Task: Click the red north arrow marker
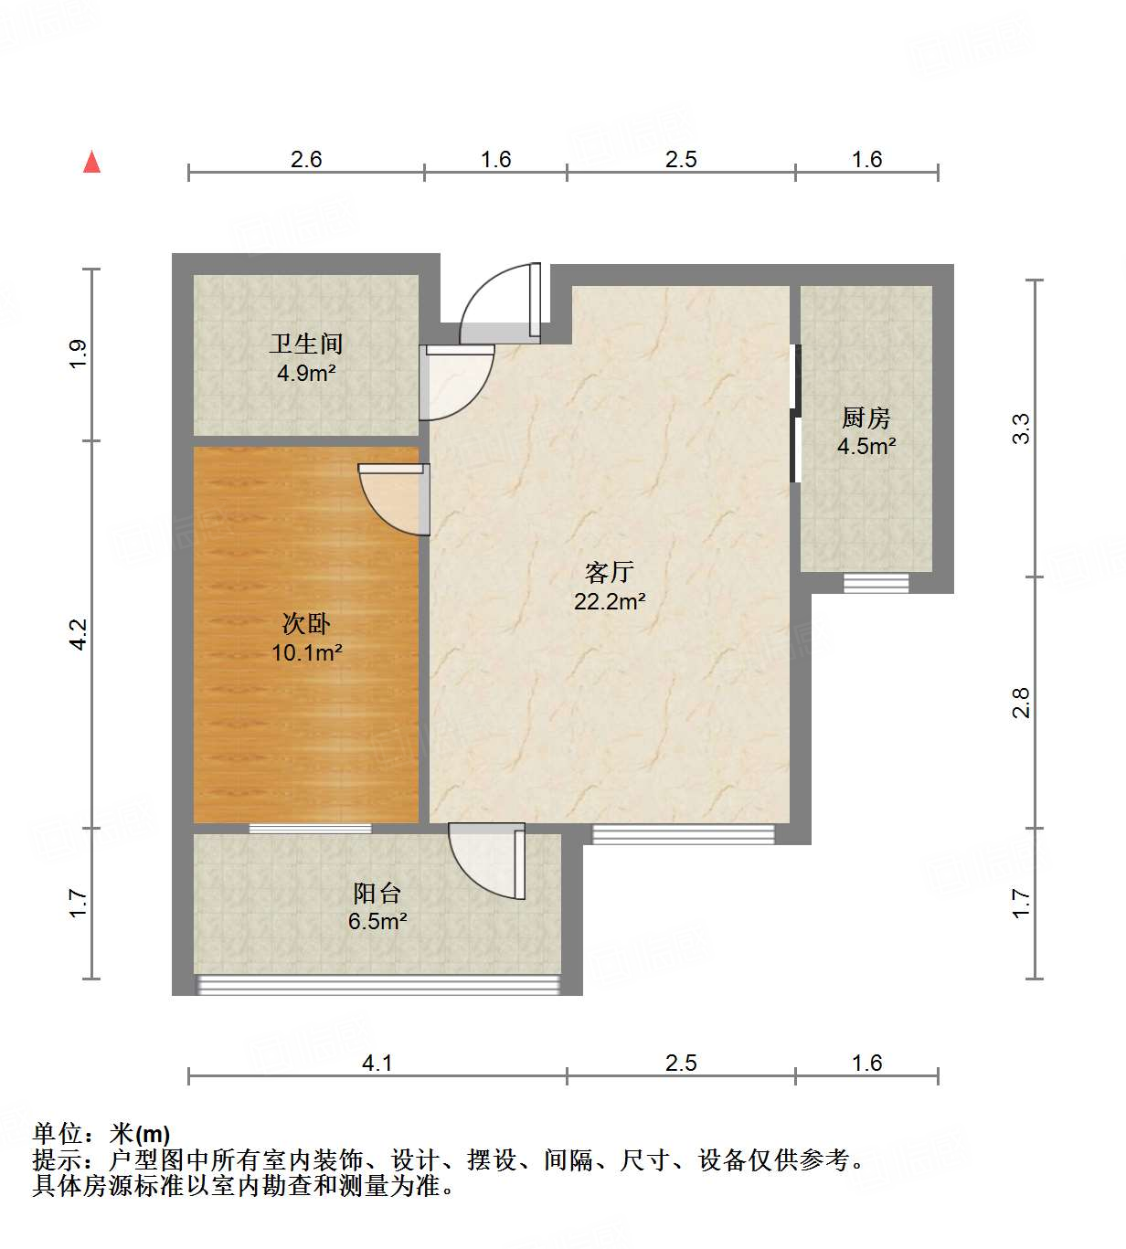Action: [91, 162]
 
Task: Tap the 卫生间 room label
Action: [306, 344]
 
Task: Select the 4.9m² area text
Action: [306, 373]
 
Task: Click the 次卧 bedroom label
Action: [306, 624]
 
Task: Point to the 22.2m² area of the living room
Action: [610, 601]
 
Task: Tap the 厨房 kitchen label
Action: [866, 418]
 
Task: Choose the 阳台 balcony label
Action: [377, 893]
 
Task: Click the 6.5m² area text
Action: [377, 921]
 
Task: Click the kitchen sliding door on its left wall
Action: [795, 413]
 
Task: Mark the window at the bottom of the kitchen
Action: [876, 582]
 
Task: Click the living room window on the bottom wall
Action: [683, 833]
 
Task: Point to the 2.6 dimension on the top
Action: [306, 159]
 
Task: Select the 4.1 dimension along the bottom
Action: [377, 1063]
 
